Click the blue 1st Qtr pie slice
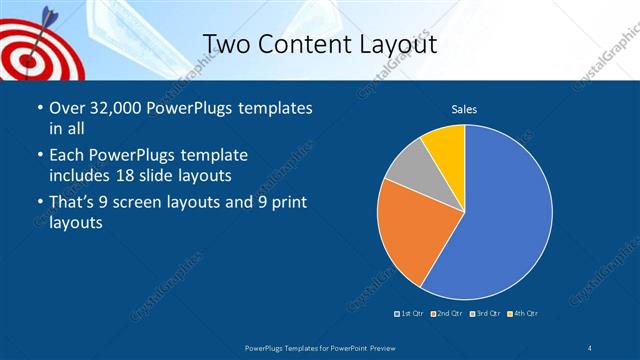[510, 215]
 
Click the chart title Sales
[463, 108]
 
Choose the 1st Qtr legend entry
[409, 314]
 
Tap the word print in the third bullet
[287, 205]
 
